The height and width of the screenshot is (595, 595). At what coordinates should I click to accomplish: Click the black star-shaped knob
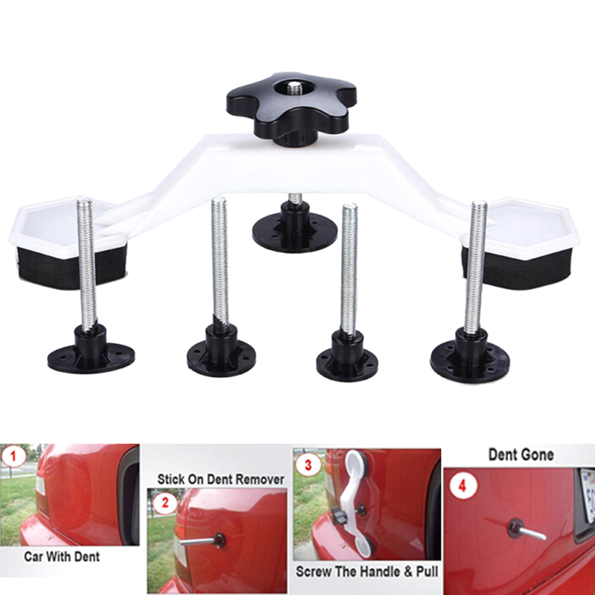(x=291, y=107)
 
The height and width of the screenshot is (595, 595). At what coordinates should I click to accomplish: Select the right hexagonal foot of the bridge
(x=524, y=227)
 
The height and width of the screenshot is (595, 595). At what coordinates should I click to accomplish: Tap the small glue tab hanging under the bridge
(x=295, y=224)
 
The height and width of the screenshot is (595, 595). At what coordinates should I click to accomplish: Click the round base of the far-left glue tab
(x=91, y=357)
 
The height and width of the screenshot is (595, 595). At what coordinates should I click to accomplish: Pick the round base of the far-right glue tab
(x=469, y=360)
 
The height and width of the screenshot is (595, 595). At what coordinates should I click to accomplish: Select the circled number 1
(x=14, y=455)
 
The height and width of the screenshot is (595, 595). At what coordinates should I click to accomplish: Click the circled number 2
(x=165, y=502)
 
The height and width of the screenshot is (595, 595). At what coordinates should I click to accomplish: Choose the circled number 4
(x=462, y=486)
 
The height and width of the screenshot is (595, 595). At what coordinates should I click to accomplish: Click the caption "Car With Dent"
(x=62, y=556)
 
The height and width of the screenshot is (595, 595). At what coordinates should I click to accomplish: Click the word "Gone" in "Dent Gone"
(x=537, y=454)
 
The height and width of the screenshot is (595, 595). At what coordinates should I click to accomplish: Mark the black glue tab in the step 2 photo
(x=220, y=540)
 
